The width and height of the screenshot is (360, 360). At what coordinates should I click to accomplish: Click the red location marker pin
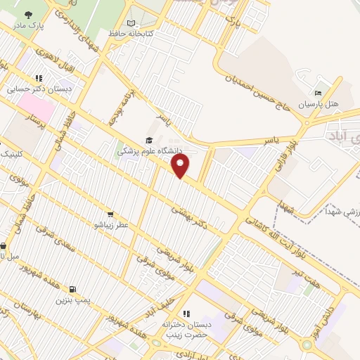pos(181,166)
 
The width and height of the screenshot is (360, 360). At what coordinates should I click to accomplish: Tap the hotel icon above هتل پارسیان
pos(318,93)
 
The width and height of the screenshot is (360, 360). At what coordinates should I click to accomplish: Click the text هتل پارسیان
pos(318,103)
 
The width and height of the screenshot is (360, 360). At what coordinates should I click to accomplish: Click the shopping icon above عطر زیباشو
pos(110,214)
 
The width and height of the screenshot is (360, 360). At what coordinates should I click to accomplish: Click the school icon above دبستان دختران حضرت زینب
pos(186,313)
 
